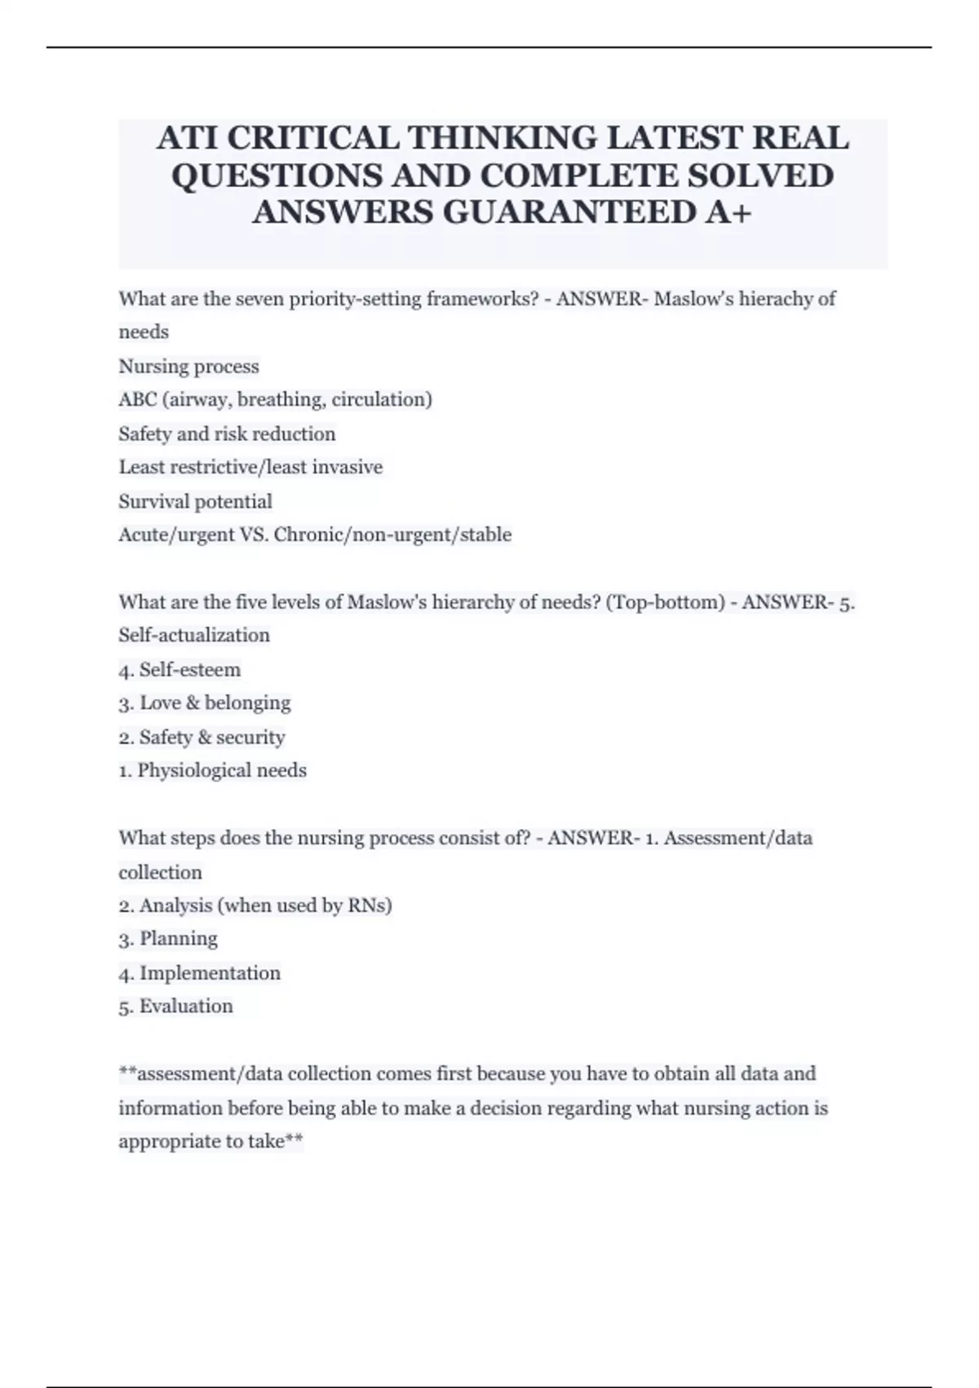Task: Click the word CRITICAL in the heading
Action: [312, 138]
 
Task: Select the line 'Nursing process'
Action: [188, 367]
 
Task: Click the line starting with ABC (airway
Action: [275, 400]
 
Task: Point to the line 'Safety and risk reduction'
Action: [227, 434]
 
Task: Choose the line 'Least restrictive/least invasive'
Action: [250, 467]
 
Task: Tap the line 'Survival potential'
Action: [195, 501]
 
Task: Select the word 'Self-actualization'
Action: [194, 635]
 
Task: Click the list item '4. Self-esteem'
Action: [179, 670]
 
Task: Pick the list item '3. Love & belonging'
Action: [204, 703]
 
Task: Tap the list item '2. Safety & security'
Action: [202, 737]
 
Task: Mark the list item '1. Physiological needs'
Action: [212, 771]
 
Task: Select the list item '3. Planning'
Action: [168, 939]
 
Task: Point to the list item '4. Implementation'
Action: [199, 973]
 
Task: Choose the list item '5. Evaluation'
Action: [175, 1007]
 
